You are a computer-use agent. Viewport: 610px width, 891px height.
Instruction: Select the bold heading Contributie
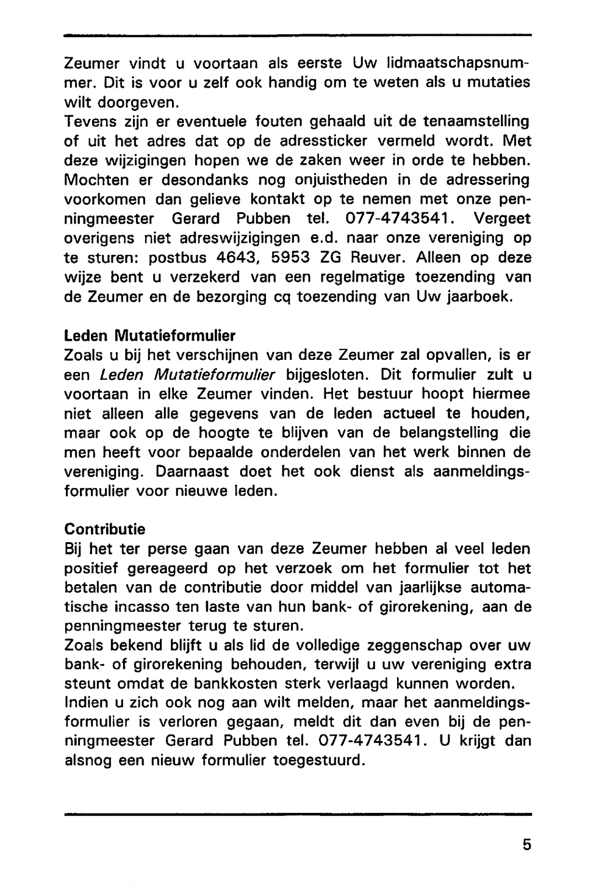click(105, 529)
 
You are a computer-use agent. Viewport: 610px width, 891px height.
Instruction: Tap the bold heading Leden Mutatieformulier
click(150, 335)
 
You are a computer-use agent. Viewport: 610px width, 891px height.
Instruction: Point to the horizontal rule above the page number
click(298, 814)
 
